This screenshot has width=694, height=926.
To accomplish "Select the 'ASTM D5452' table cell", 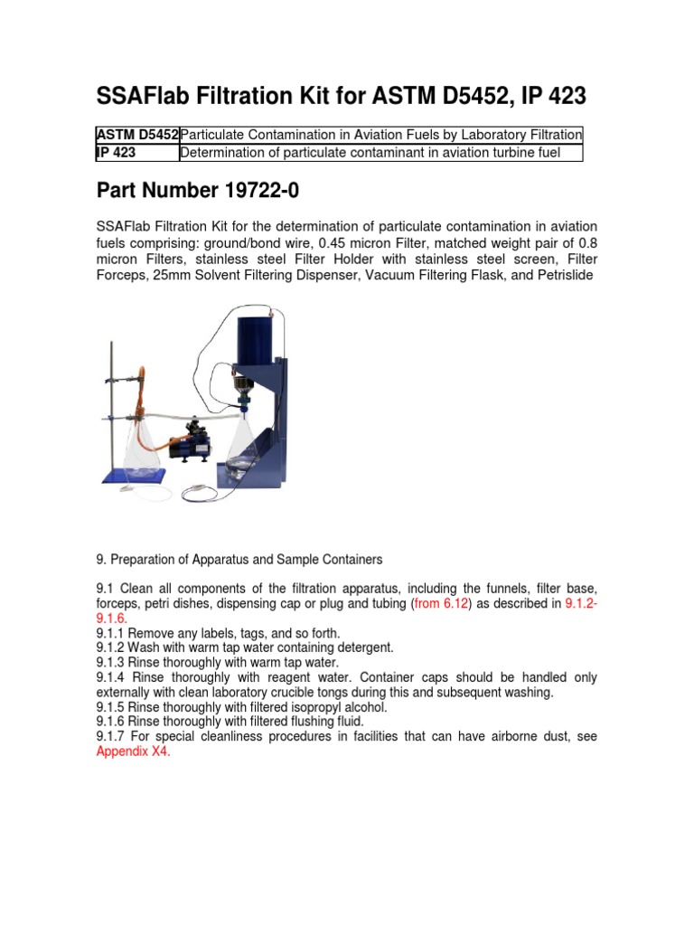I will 137,135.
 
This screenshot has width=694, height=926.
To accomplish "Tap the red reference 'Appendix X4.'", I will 133,751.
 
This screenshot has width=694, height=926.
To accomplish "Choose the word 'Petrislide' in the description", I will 563,275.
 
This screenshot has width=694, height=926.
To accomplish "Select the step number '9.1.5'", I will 112,706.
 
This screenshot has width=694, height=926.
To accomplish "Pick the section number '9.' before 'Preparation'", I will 100,559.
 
